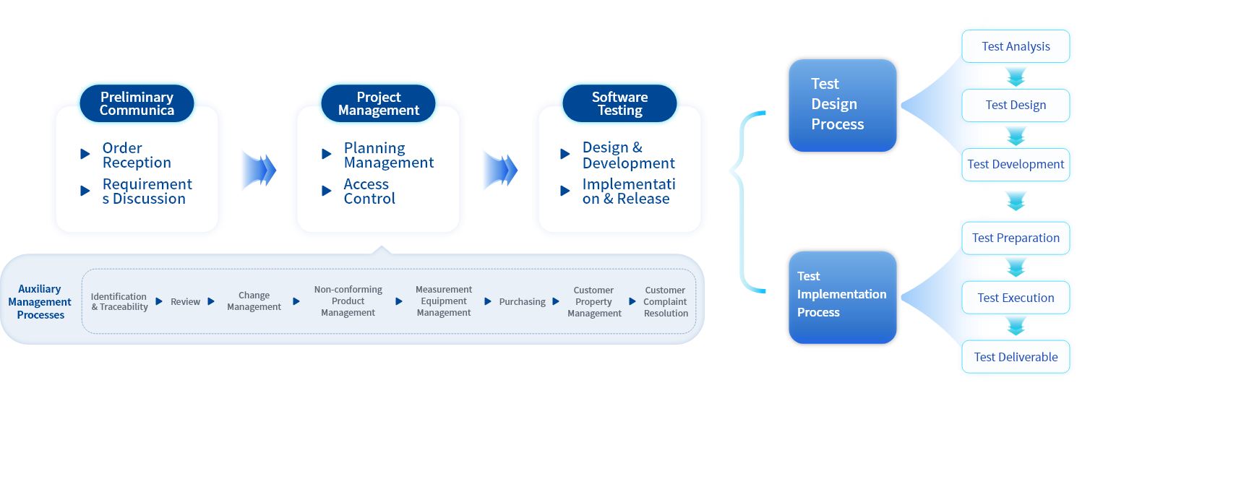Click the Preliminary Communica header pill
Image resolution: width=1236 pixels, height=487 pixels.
point(137,103)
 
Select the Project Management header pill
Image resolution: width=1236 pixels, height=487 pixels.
point(379,103)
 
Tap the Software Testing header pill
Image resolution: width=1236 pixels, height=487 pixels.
point(619,103)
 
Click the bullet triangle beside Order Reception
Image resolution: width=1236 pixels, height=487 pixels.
point(85,154)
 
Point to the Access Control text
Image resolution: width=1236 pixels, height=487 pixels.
point(369,191)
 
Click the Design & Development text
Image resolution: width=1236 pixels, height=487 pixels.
point(629,155)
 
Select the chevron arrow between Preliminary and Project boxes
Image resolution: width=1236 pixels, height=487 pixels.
point(259,170)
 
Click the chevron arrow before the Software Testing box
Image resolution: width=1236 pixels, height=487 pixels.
point(500,170)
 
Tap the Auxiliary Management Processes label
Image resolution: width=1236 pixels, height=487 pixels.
point(40,302)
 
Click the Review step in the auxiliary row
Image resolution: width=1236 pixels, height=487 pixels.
point(185,302)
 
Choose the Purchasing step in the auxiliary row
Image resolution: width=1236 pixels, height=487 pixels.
point(522,302)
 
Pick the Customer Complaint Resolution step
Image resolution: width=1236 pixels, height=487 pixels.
point(666,302)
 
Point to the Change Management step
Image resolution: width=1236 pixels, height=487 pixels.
point(254,301)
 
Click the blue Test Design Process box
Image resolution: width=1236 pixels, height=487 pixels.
point(843,105)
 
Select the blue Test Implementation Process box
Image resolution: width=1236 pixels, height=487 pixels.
point(843,298)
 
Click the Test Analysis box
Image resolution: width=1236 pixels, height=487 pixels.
point(1016,46)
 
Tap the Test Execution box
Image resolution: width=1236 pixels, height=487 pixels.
point(1016,298)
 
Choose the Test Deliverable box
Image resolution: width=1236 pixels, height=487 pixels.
point(1016,357)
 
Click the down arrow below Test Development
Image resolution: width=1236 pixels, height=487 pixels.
point(1016,202)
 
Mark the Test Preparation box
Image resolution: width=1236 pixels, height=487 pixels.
point(1016,238)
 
